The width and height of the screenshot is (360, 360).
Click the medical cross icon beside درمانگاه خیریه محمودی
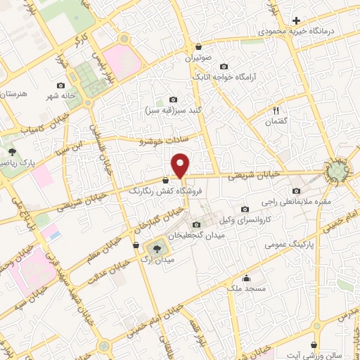(297, 20)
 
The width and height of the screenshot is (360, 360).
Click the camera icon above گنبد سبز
(174, 100)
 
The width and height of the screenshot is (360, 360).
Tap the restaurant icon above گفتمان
(276, 110)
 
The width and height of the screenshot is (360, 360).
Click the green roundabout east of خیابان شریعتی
(338, 171)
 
